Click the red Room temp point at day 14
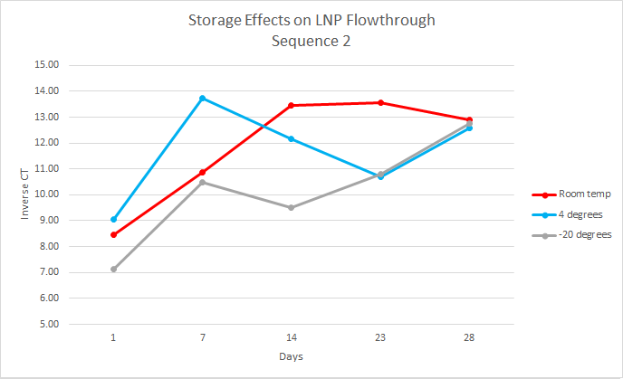(x=291, y=105)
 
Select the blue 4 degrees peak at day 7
(x=202, y=98)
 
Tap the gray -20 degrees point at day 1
(x=113, y=269)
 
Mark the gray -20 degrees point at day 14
(x=291, y=207)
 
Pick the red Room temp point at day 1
(x=113, y=234)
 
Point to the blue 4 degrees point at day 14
(x=291, y=138)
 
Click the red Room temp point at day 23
(x=380, y=102)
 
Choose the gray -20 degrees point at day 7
(x=202, y=182)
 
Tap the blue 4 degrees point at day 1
(x=113, y=219)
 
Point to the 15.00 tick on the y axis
(x=45, y=65)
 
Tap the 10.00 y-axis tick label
(x=45, y=194)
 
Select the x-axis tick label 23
(x=380, y=337)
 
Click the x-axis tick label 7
(x=202, y=337)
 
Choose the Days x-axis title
(x=291, y=356)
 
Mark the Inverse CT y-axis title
(x=25, y=194)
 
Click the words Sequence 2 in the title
(x=311, y=40)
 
